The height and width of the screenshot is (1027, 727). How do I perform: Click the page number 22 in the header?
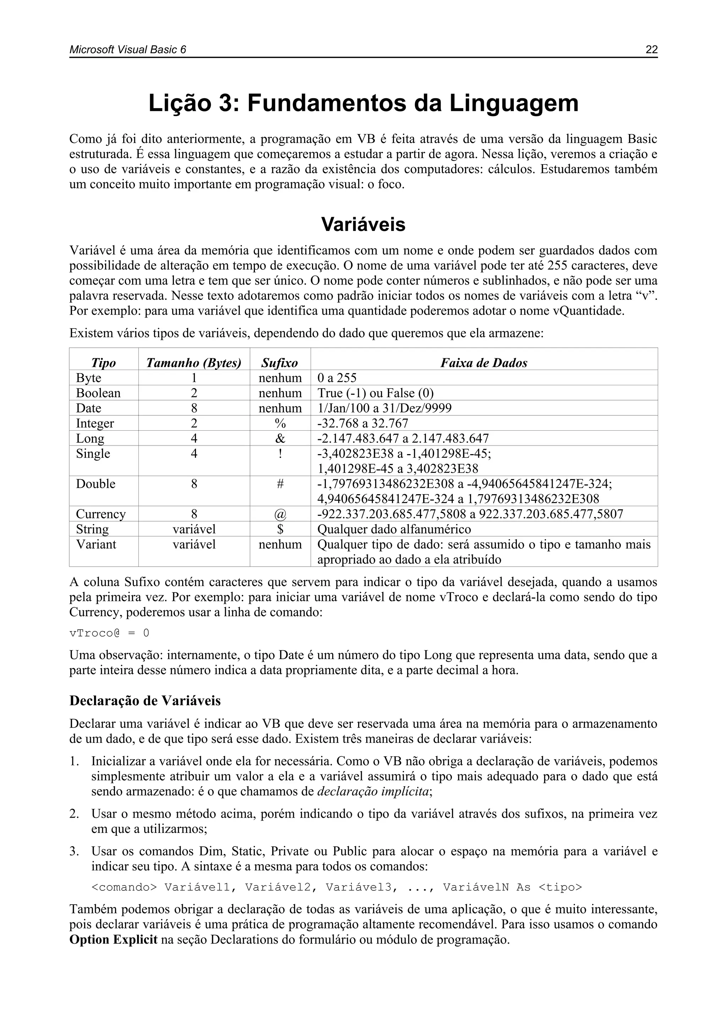point(651,50)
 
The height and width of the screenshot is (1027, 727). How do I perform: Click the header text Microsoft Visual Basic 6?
point(127,50)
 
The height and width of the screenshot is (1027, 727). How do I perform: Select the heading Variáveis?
point(363,225)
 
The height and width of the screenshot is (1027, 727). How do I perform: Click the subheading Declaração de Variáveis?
point(145,701)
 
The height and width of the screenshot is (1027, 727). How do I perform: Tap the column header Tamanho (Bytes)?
point(194,363)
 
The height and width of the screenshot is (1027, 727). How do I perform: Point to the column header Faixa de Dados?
point(483,363)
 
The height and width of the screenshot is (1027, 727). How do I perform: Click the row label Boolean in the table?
point(98,393)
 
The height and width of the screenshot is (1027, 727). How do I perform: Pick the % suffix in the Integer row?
point(280,423)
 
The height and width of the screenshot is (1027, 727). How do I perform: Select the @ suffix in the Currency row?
point(280,514)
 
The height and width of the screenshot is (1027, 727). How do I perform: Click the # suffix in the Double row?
point(280,484)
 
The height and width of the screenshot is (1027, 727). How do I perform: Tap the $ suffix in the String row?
point(280,529)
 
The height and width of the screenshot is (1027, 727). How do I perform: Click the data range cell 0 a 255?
point(337,378)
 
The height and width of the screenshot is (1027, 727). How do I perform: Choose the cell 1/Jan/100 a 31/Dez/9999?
point(384,408)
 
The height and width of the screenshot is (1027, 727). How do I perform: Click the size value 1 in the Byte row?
point(194,378)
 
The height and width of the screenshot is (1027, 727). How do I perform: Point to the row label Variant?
point(96,545)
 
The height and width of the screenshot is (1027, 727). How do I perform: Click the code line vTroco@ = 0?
point(109,633)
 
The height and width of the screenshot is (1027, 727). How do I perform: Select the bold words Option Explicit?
point(113,939)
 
